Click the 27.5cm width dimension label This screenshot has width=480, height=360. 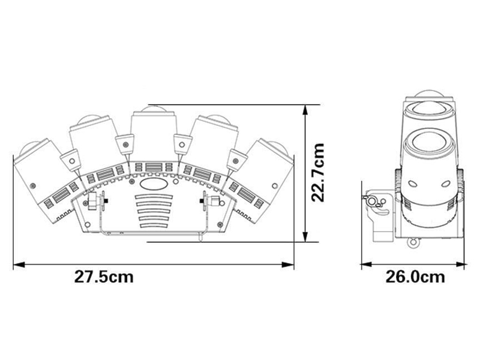(104, 277)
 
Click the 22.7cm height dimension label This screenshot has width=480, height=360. (317, 172)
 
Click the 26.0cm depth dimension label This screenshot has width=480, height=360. (415, 277)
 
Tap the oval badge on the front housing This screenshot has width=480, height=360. (154, 184)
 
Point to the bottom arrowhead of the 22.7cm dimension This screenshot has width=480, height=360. (305, 236)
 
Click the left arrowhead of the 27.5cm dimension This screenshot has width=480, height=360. (19, 265)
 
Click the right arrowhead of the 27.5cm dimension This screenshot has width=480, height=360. (288, 265)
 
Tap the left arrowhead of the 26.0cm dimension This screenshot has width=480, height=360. (367, 264)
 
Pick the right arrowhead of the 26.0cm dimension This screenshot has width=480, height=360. (459, 264)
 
